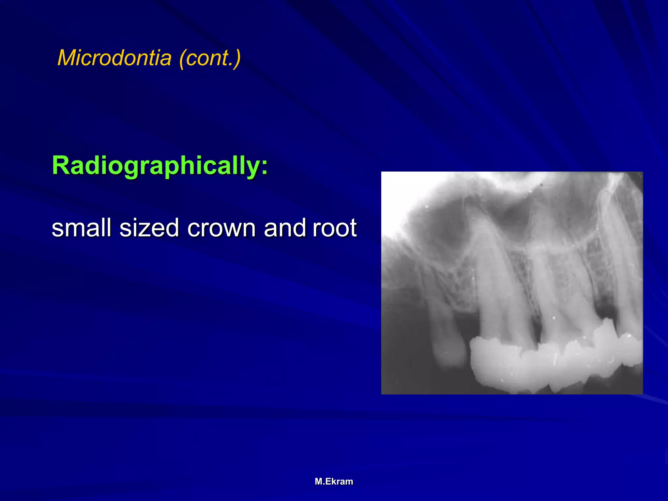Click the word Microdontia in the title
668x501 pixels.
[x=114, y=58]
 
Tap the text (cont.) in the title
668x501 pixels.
[x=210, y=58]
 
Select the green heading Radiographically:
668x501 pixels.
[x=160, y=166]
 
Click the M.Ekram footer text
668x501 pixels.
[x=334, y=481]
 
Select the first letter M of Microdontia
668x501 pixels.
[x=66, y=58]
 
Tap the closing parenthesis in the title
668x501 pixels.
[x=237, y=58]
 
